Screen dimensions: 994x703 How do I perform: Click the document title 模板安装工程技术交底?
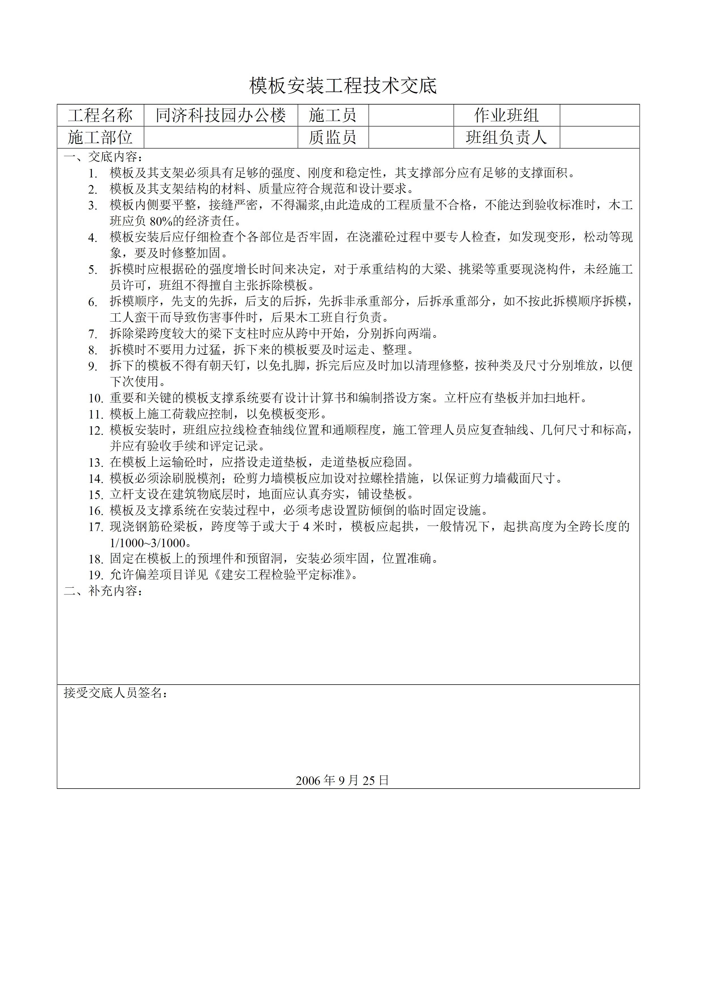(x=343, y=86)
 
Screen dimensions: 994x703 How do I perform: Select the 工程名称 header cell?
(x=100, y=115)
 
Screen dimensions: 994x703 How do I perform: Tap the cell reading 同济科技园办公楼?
(x=221, y=115)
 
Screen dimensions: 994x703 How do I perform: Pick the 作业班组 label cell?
(x=506, y=115)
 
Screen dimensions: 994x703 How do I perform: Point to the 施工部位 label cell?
(x=100, y=137)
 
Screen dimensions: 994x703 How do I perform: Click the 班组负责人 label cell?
(x=506, y=137)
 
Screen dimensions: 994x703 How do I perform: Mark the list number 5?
(x=93, y=270)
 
